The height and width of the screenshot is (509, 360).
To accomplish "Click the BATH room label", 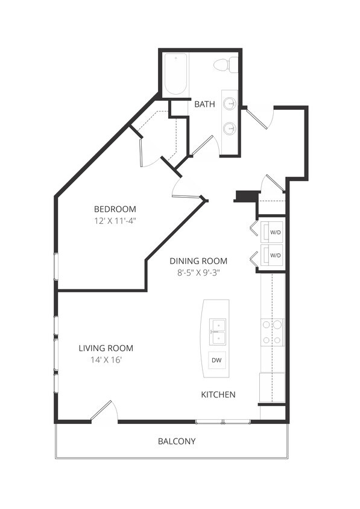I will pyautogui.click(x=204, y=104).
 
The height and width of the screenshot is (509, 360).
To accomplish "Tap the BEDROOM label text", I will pyautogui.click(x=115, y=209).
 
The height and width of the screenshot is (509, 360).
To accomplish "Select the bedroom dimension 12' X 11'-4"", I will pyautogui.click(x=115, y=221).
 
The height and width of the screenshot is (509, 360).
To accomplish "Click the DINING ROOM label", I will pyautogui.click(x=198, y=261).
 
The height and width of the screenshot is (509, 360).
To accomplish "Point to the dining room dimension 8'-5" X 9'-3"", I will pyautogui.click(x=198, y=273).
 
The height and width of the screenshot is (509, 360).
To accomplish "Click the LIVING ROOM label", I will pyautogui.click(x=106, y=348).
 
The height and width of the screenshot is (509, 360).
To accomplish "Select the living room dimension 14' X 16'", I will pyautogui.click(x=106, y=360).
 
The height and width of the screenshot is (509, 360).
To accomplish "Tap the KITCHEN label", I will pyautogui.click(x=218, y=395).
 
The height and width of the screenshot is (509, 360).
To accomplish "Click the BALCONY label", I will pyautogui.click(x=177, y=441).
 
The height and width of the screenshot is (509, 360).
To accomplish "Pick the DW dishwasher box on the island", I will pyautogui.click(x=216, y=360).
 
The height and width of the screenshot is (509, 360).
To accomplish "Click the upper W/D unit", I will pyautogui.click(x=274, y=232).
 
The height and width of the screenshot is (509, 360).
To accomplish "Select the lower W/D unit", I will pyautogui.click(x=274, y=255).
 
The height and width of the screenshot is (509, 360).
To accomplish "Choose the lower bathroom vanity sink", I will pyautogui.click(x=229, y=128).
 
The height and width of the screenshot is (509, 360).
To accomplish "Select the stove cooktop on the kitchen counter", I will pyautogui.click(x=272, y=332).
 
